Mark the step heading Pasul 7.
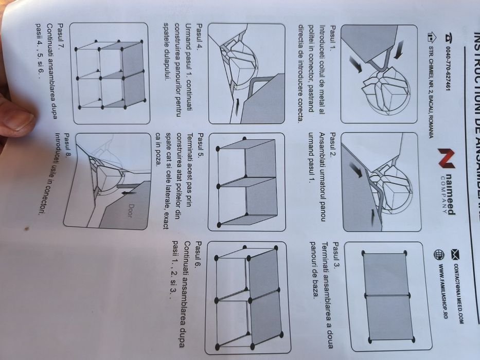click(61, 33)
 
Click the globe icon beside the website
click(439, 254)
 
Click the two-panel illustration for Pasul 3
click(386, 296)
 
